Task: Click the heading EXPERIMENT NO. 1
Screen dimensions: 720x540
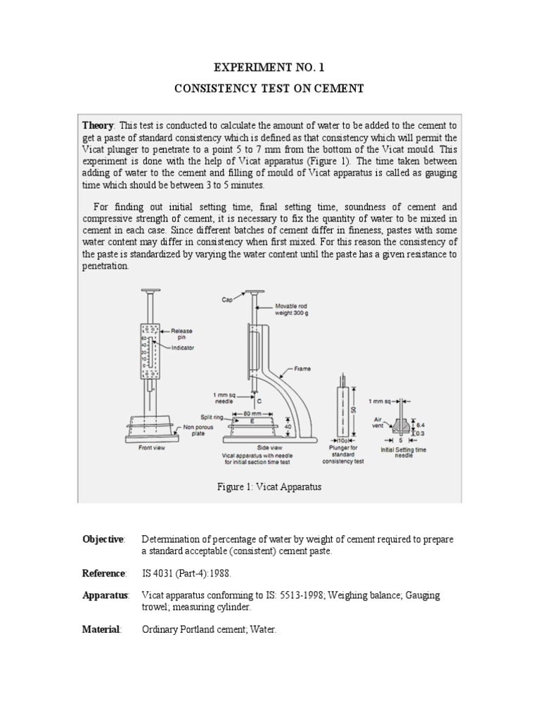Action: pos(271,67)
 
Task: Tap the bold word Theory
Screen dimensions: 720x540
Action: pos(98,124)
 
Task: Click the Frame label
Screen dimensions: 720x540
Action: pos(304,368)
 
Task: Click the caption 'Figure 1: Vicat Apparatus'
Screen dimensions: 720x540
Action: pos(270,487)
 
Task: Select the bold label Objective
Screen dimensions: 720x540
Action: pos(103,539)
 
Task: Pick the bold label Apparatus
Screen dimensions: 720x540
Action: pos(105,596)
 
